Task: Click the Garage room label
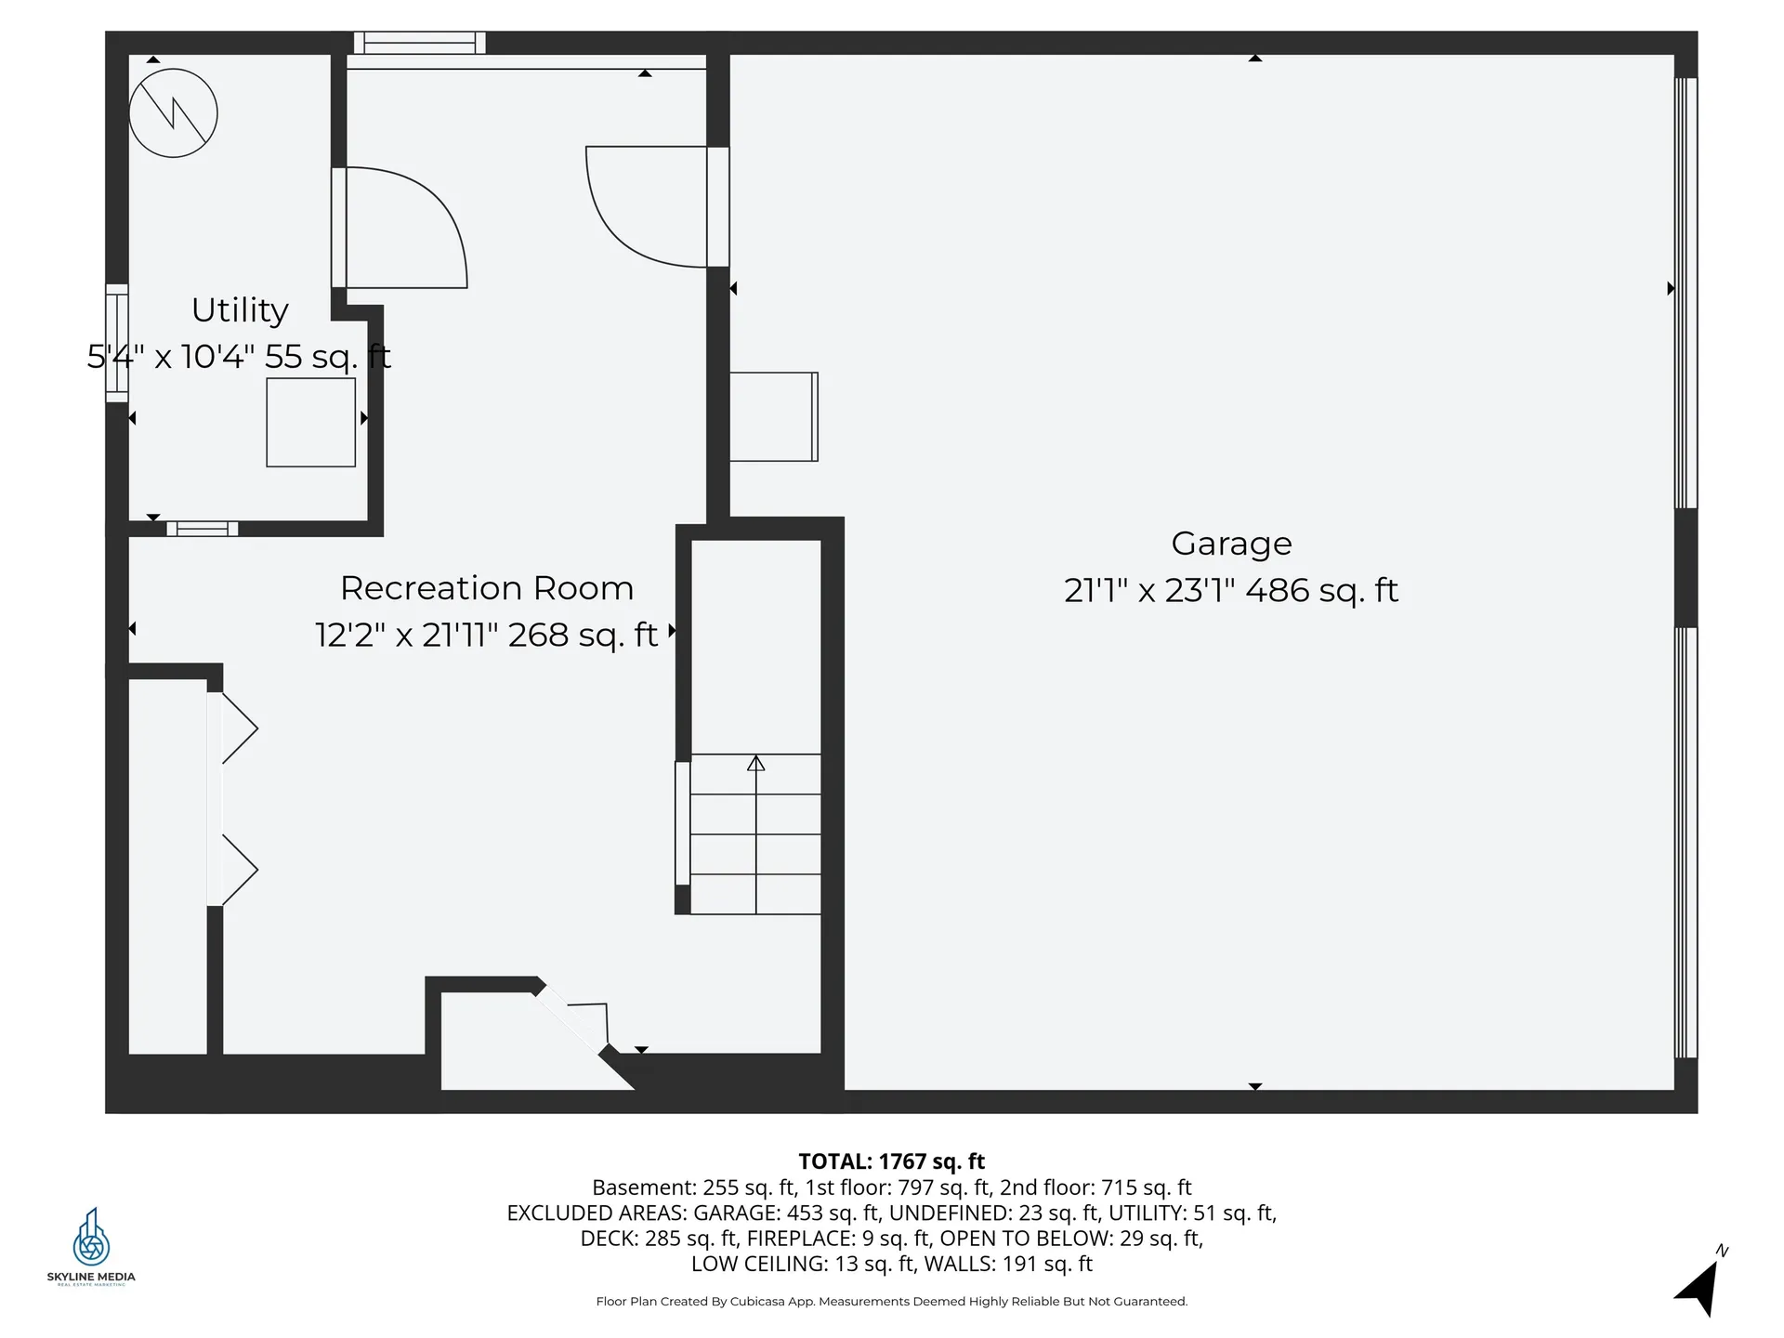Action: [1231, 544]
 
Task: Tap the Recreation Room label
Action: [487, 588]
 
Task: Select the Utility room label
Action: [240, 310]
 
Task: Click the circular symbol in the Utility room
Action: [173, 113]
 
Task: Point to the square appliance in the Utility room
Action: [310, 422]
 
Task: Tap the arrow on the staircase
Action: [756, 764]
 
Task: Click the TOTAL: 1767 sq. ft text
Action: [891, 1161]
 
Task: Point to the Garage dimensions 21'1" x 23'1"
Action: [1148, 591]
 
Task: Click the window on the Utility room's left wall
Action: [116, 343]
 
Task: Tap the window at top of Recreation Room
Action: [420, 43]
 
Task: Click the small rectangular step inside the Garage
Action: [773, 416]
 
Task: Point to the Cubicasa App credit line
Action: [891, 1302]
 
